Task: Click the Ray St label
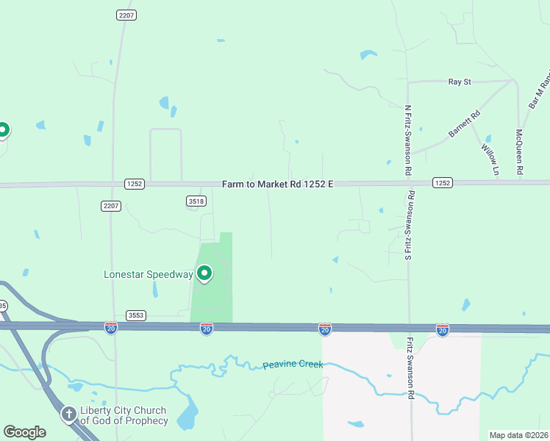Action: coord(460,82)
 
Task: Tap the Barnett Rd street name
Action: coord(465,123)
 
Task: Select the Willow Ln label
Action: coord(490,159)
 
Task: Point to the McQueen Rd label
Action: coord(519,152)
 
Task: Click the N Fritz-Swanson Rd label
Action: coord(409,140)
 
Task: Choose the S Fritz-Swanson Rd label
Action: coord(409,225)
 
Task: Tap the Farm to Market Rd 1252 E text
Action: coord(278,183)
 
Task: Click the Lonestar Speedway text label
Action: coord(148,275)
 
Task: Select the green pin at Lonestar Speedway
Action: coord(204,273)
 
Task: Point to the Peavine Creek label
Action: coord(293,365)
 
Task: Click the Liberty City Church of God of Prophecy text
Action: coord(124,416)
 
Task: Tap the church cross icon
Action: coord(69,415)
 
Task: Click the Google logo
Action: coord(24,432)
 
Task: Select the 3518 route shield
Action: coord(196,201)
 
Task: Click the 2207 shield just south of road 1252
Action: coord(111,206)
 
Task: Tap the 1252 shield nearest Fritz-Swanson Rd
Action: coord(442,182)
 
